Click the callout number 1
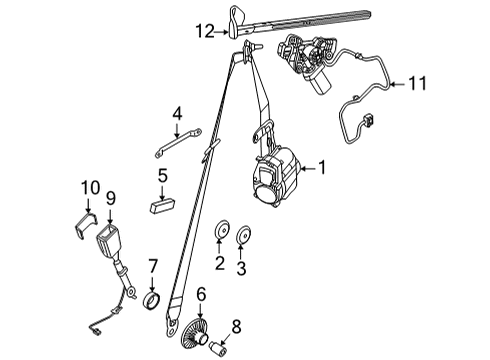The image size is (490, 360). [323, 167]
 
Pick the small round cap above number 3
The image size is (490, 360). [242, 237]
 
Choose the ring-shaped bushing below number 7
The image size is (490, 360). [152, 299]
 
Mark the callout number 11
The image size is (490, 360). [418, 85]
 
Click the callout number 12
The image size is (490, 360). [204, 32]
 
